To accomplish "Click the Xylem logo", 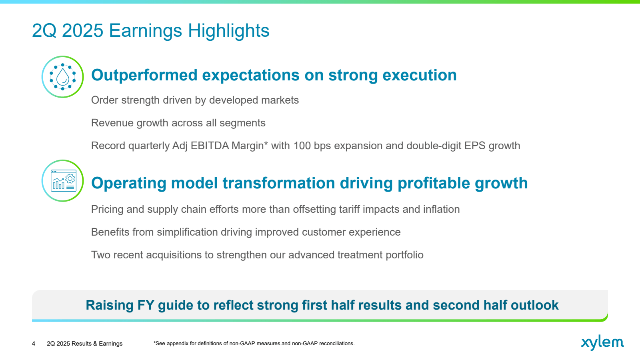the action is (x=602, y=342).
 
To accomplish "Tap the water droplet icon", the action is (x=62, y=77).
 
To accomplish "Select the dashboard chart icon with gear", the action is (x=62, y=180).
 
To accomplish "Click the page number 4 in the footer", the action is (x=34, y=344).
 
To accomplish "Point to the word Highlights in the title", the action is (x=228, y=30).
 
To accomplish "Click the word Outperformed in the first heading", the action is (x=144, y=75).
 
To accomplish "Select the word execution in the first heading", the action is (x=420, y=75).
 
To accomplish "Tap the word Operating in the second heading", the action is (x=128, y=183).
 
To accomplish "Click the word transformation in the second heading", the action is (x=278, y=183).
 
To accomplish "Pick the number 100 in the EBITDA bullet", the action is (x=302, y=146).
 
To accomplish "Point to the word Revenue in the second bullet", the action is (x=112, y=123).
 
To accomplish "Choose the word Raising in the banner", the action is (x=110, y=305).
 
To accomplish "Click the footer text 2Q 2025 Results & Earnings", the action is (x=84, y=344).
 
